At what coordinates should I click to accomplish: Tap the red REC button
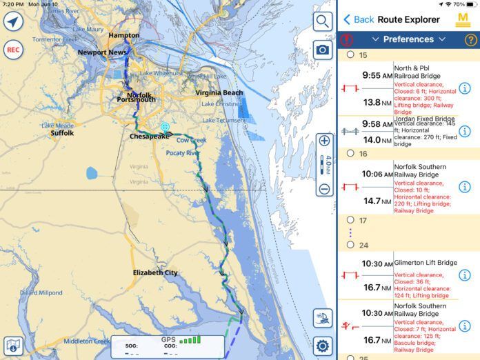(x=12, y=50)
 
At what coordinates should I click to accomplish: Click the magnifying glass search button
(x=322, y=21)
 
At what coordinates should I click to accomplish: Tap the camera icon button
(x=322, y=50)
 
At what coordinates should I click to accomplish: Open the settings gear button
(x=322, y=346)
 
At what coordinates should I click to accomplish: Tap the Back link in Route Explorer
(x=359, y=19)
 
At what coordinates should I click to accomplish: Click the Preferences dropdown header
(x=408, y=39)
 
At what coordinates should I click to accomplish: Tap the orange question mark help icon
(x=471, y=39)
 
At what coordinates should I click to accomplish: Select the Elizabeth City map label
(x=155, y=272)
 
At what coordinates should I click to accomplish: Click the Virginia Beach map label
(x=219, y=92)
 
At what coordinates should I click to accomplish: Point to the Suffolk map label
(x=62, y=133)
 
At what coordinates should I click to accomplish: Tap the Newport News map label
(x=101, y=52)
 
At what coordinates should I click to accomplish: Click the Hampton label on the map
(x=123, y=35)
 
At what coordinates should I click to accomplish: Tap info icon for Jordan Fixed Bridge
(x=465, y=131)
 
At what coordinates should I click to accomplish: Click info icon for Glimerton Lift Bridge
(x=465, y=275)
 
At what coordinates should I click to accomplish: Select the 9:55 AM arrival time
(x=377, y=76)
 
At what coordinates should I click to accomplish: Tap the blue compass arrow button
(x=12, y=21)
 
